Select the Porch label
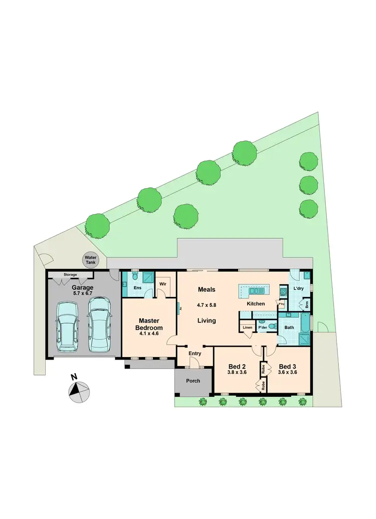[193, 381]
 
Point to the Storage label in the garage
[70, 275]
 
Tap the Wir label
[163, 283]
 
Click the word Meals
[206, 289]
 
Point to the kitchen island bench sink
[256, 290]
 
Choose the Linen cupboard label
[247, 327]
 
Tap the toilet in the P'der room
[272, 326]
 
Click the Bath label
[289, 327]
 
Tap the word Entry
[194, 354]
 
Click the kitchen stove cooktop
[283, 291]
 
